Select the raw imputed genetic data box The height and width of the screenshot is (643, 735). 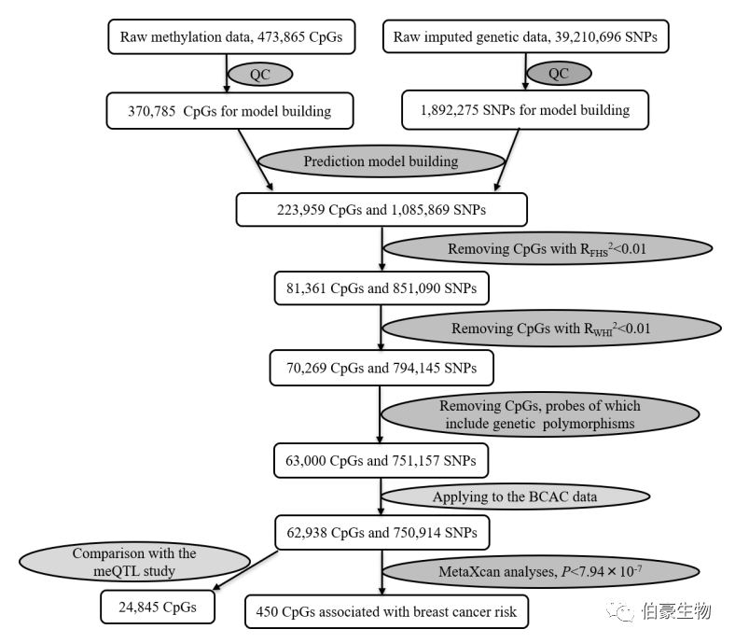pyautogui.click(x=526, y=38)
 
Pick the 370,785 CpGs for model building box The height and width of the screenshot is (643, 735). pyautogui.click(x=229, y=111)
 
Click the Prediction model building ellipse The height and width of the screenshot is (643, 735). pyautogui.click(x=381, y=161)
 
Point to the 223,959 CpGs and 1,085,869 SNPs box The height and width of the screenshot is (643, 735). pyautogui.click(x=381, y=209)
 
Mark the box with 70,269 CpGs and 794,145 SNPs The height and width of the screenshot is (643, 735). pyautogui.click(x=381, y=369)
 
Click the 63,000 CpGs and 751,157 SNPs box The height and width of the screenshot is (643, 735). pyautogui.click(x=381, y=460)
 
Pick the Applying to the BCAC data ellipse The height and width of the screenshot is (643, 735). pyautogui.click(x=514, y=496)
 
